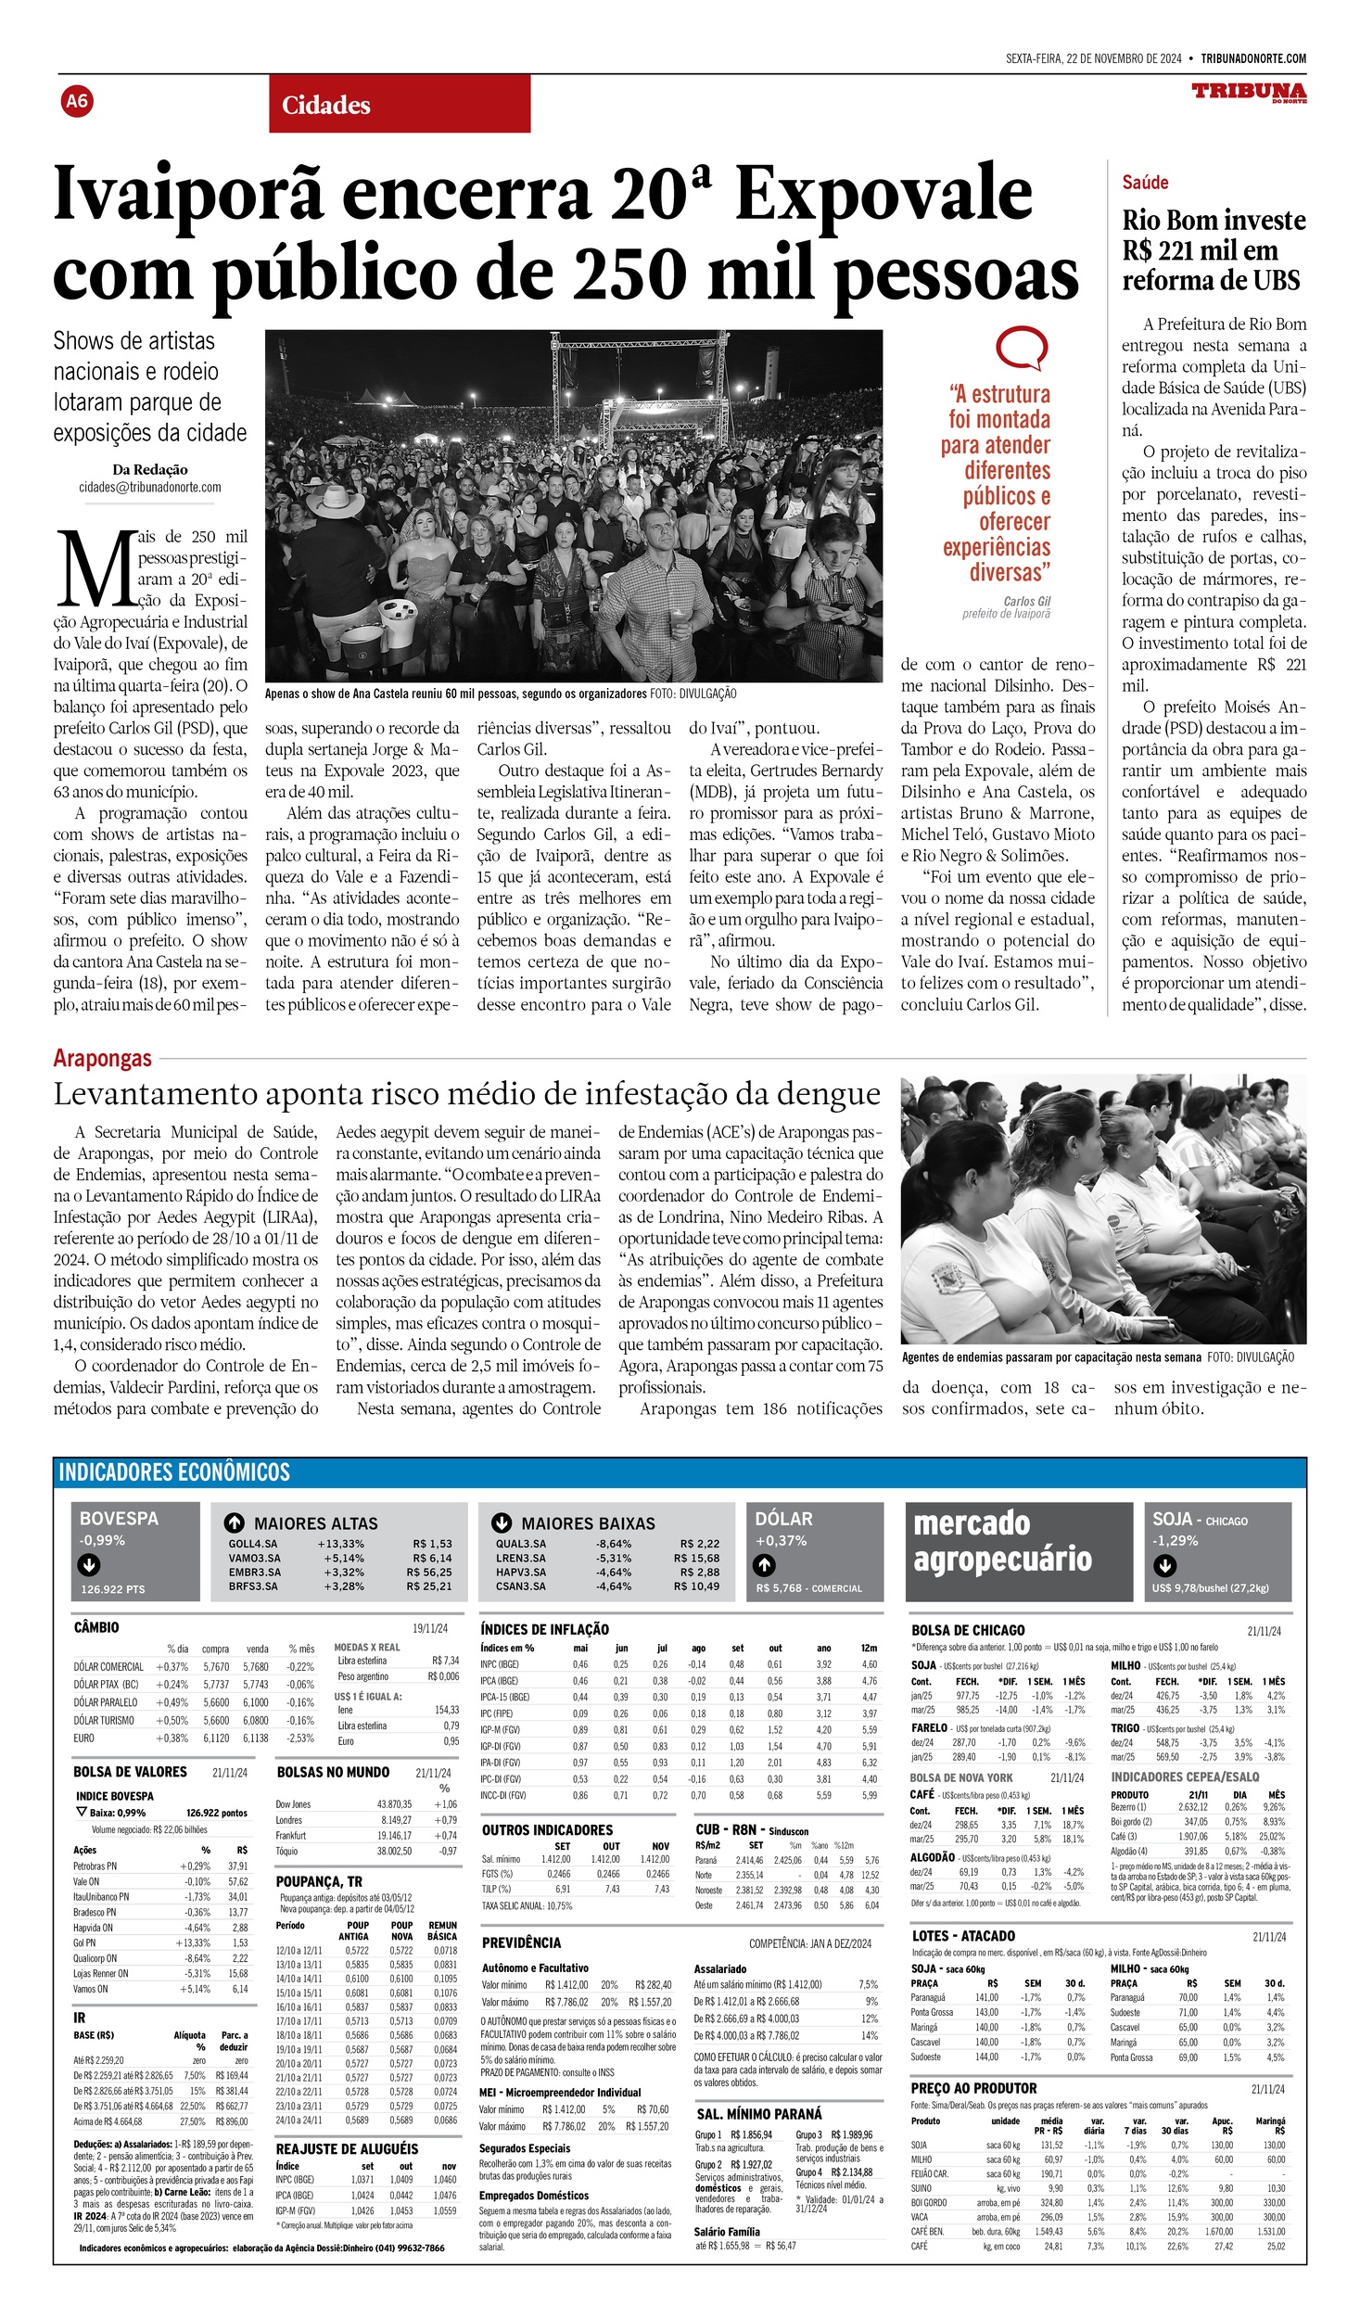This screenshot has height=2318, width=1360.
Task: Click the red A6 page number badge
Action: [x=77, y=100]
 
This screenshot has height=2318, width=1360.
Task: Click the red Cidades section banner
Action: [x=400, y=105]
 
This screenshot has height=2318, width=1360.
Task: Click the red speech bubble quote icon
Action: [x=1021, y=349]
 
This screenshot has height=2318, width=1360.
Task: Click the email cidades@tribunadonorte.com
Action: [x=150, y=488]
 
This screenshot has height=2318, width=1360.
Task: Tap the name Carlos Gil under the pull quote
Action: [x=1026, y=601]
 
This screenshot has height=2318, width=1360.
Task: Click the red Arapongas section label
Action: [x=102, y=1058]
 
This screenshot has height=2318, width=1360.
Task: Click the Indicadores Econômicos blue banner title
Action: [x=174, y=1471]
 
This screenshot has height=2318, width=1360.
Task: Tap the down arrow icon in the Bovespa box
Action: [x=89, y=1566]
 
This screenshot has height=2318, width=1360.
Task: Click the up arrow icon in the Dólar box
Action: [x=764, y=1565]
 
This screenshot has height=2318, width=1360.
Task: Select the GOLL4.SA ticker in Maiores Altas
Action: [x=252, y=1544]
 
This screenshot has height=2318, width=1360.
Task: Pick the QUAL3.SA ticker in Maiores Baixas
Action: [x=520, y=1544]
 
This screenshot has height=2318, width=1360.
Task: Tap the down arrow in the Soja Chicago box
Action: [x=1164, y=1565]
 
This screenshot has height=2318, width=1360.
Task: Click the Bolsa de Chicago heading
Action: [x=968, y=1630]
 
